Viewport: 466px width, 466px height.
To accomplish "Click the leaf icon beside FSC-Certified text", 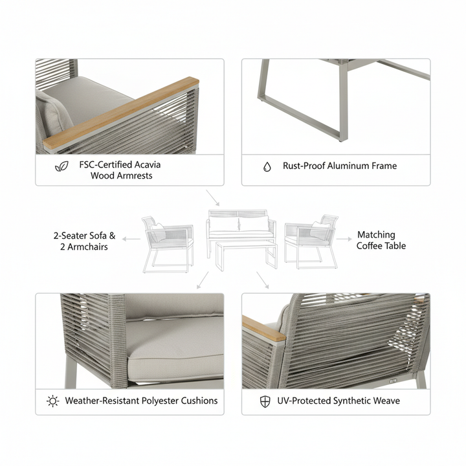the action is [61, 166].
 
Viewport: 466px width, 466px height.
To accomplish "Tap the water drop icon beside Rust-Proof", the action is [267, 167].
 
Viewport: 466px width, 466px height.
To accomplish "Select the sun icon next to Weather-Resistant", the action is [53, 401].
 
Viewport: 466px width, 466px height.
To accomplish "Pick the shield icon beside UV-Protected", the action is [265, 401].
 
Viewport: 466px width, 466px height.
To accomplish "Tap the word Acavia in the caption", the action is [148, 164].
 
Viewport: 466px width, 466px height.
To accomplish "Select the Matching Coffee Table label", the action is [381, 240].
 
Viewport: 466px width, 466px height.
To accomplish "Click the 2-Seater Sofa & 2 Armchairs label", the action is [84, 241].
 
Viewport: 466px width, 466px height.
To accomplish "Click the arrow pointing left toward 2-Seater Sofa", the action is [131, 239].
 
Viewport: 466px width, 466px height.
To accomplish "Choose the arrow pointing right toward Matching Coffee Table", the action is [344, 239].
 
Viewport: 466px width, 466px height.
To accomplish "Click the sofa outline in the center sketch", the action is [241, 226].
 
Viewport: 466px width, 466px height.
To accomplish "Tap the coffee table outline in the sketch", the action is [247, 255].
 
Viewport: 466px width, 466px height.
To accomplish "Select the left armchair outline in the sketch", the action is [168, 244].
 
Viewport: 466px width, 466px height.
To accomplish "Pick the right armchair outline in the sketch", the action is [311, 241].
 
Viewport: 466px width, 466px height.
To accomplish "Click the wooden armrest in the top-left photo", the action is [121, 113].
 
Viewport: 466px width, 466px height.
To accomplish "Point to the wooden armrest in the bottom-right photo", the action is [263, 329].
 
